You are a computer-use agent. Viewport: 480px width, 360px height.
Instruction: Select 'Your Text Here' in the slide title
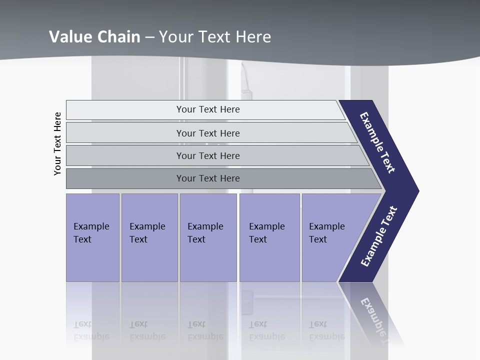215,37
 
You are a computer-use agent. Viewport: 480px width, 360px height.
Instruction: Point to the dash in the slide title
149,37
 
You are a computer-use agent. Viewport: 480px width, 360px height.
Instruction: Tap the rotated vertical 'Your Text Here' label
57,143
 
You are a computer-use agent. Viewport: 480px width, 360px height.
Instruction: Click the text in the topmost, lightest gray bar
208,109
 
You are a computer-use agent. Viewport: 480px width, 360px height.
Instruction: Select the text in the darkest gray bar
208,178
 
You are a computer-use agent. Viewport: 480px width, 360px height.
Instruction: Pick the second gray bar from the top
208,133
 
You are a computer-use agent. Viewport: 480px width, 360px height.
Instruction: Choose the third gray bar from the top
208,156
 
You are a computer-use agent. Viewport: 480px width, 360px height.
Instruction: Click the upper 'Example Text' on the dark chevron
377,142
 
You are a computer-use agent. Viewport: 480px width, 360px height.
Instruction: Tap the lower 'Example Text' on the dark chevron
378,236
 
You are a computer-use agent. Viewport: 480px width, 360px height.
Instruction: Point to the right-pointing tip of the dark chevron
417,191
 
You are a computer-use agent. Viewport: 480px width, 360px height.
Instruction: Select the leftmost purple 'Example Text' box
92,237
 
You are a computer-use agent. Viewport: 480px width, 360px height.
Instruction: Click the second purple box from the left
149,237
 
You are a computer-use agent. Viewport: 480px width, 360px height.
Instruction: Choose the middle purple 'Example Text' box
208,237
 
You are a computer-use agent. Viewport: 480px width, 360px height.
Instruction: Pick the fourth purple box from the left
269,237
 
